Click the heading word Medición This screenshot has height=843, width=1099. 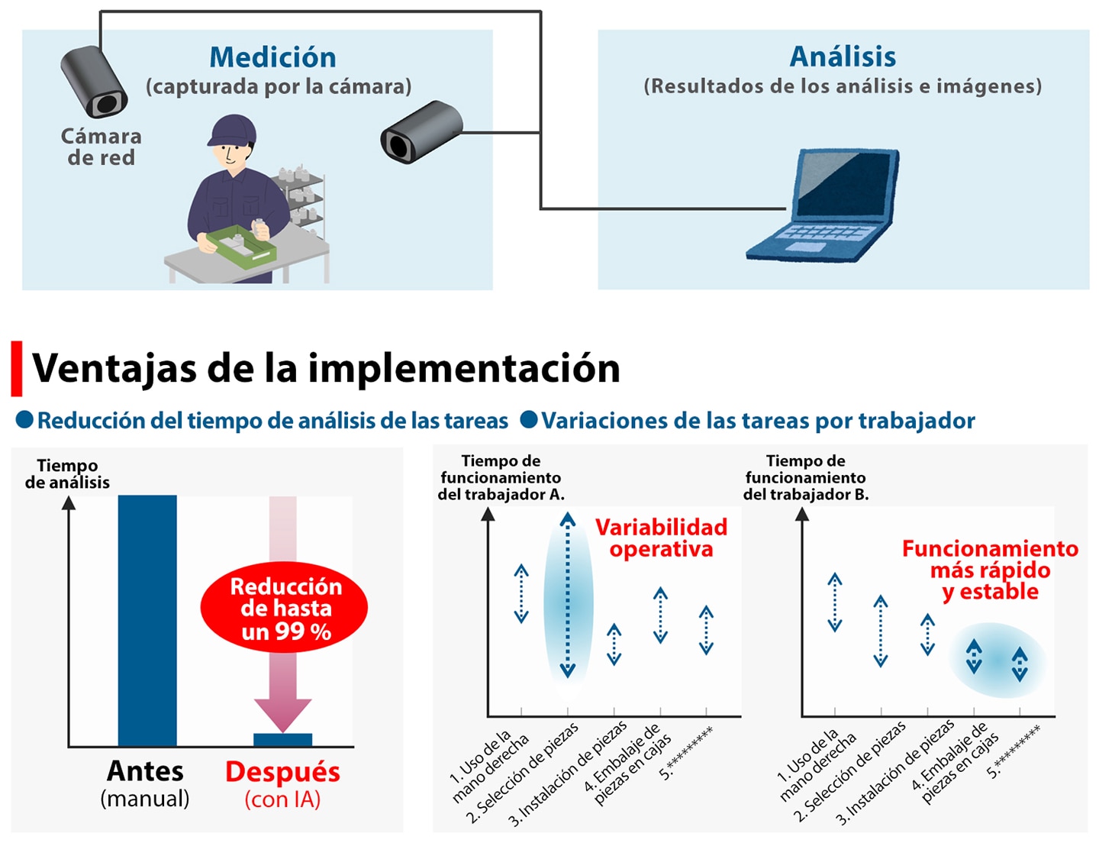[272, 57]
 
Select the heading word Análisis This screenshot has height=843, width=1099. [843, 57]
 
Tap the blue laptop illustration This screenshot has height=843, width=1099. [823, 205]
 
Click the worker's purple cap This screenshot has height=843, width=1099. [232, 130]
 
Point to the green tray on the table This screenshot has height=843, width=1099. [241, 246]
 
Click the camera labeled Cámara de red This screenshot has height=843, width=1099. [94, 81]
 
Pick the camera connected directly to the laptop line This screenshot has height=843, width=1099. [421, 131]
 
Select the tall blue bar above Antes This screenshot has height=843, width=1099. [147, 620]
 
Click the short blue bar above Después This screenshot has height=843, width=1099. [282, 740]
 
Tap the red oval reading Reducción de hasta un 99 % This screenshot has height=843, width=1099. [284, 607]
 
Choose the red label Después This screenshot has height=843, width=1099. [282, 772]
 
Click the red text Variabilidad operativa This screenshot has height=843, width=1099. [662, 538]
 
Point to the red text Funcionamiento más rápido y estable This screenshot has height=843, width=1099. [991, 570]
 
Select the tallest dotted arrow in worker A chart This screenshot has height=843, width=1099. [568, 595]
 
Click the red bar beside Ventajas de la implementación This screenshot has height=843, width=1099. [17, 368]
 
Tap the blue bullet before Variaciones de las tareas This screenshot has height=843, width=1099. [529, 419]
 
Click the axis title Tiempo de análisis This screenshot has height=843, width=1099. [67, 473]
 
